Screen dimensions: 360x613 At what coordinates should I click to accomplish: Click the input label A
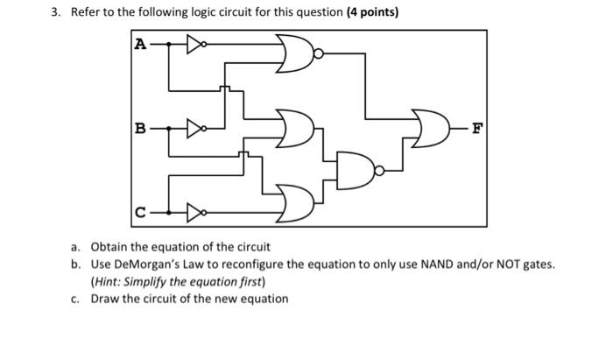[x=140, y=44]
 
